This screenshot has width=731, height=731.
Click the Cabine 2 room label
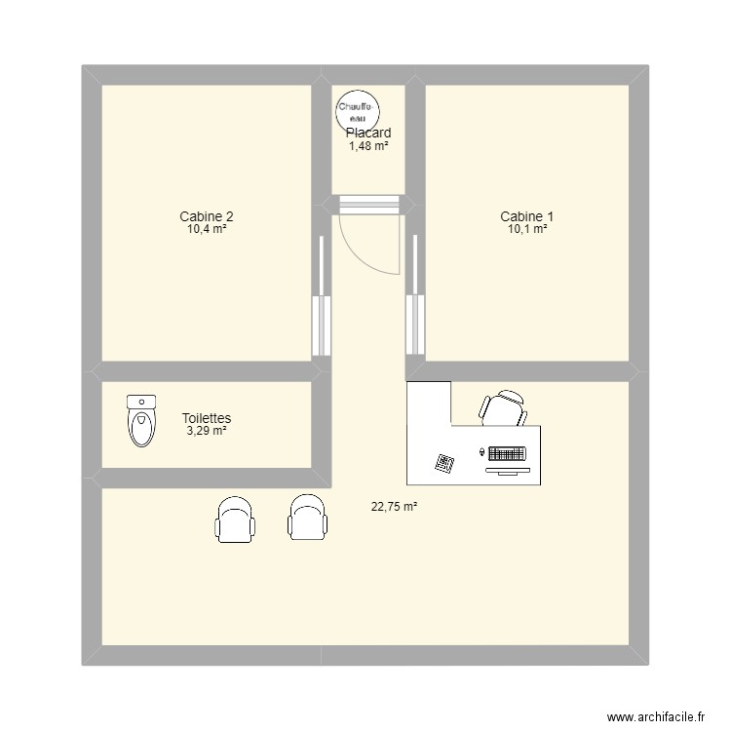click(206, 216)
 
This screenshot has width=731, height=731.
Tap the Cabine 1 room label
click(526, 216)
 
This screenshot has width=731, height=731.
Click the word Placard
click(368, 133)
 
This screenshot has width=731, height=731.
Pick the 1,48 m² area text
click(368, 146)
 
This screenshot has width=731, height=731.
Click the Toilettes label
click(206, 417)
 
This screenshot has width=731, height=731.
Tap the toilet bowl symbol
click(141, 421)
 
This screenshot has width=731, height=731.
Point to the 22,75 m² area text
click(394, 506)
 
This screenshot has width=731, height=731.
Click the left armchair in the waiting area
click(236, 518)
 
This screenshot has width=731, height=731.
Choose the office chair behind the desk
click(503, 407)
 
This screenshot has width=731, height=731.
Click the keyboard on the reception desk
click(507, 454)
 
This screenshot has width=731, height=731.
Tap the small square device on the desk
click(445, 463)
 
